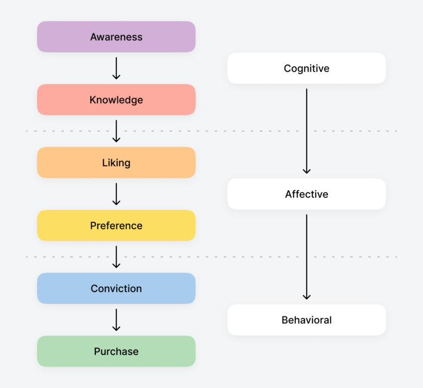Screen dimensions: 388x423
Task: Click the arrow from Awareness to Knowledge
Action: [116, 68]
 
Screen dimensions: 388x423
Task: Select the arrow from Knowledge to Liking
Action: [116, 131]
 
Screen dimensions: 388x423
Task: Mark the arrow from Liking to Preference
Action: [116, 194]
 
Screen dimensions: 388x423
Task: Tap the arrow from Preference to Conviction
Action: [116, 257]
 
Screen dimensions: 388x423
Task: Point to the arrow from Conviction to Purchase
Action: [116, 320]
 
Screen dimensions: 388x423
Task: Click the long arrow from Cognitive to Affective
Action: [307, 131]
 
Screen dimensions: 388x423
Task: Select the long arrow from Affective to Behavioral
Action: [307, 257]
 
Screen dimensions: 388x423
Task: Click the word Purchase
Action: [116, 351]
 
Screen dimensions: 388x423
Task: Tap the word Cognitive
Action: [307, 68]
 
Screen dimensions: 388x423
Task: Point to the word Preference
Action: [116, 226]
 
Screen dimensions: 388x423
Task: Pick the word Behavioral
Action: [307, 320]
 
